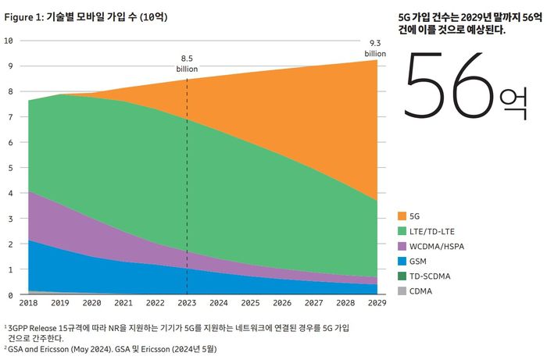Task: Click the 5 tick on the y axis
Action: (9, 168)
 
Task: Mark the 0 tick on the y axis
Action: (9, 295)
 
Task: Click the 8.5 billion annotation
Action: (187, 62)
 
